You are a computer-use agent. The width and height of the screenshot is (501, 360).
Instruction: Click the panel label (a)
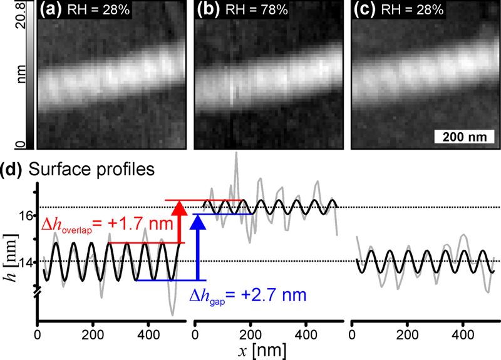[51, 10]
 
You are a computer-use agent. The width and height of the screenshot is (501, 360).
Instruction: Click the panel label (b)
[207, 10]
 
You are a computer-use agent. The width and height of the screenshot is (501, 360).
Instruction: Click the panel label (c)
[364, 10]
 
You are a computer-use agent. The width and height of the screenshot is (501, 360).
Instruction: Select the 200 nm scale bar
[462, 136]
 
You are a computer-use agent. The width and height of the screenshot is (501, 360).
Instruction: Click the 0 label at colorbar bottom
[20, 145]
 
